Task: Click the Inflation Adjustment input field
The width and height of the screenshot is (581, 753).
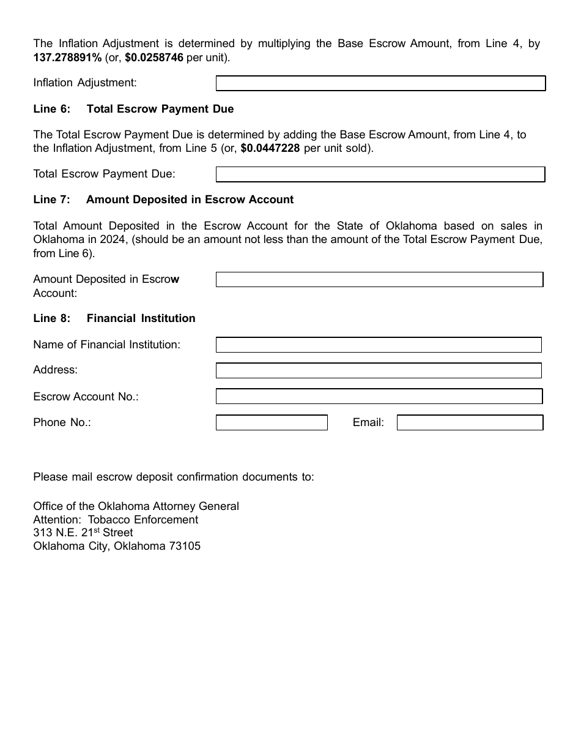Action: coord(380,83)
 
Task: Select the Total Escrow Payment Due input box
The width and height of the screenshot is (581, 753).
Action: coord(380,174)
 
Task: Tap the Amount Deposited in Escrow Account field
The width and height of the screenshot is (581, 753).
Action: coord(379,280)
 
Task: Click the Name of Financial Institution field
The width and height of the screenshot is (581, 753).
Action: coord(379,345)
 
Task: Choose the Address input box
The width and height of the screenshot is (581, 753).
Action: coord(379,370)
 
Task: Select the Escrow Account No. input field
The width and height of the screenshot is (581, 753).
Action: coord(379,397)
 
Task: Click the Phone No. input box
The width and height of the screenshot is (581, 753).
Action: coord(272,422)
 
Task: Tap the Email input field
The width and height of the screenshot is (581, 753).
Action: coord(470,422)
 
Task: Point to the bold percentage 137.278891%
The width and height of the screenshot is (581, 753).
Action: coord(67,58)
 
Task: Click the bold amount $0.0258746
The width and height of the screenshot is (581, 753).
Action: coord(154,58)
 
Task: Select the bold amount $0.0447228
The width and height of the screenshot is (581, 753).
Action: coord(270,148)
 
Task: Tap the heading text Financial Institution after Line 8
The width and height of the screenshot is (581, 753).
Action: coord(141,318)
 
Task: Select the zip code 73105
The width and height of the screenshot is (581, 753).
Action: coord(184,546)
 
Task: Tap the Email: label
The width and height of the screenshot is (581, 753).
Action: coord(368,422)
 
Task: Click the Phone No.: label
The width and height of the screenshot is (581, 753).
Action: coord(62,422)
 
